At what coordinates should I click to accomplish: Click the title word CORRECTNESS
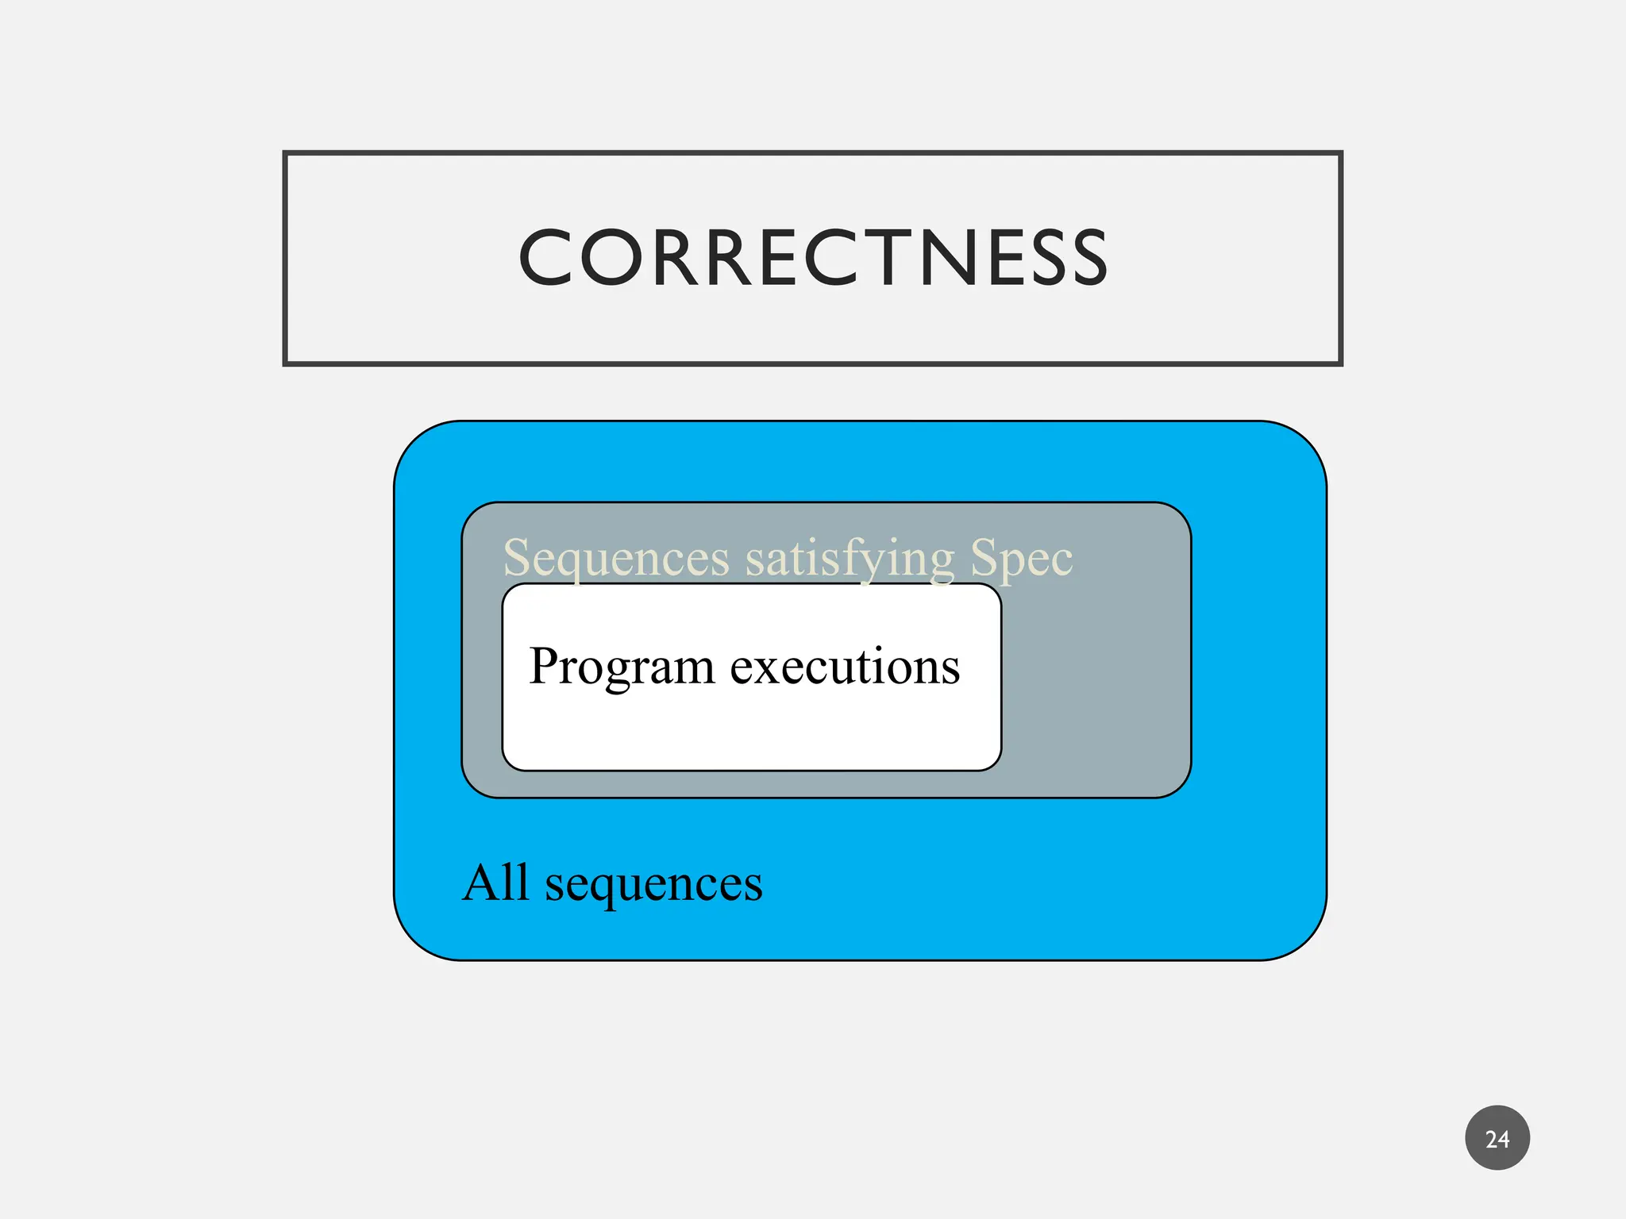[813, 257]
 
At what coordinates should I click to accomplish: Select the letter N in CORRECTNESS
[971, 257]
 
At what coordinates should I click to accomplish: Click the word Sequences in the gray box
[616, 558]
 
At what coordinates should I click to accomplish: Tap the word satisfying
[850, 558]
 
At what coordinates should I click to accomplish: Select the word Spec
[1021, 558]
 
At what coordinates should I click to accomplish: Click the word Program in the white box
[622, 667]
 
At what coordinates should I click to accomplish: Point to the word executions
[845, 667]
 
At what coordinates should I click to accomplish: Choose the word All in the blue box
[495, 883]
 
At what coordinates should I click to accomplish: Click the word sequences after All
[653, 884]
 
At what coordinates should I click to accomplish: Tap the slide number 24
[1497, 1139]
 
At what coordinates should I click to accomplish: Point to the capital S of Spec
[984, 557]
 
